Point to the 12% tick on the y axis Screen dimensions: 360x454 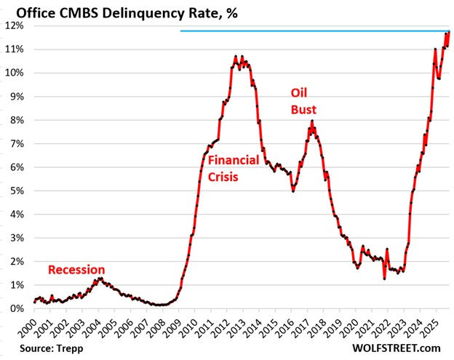15,25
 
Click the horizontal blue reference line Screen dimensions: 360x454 313,31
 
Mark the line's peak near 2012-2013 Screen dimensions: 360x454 236,56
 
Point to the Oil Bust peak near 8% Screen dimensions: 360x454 312,121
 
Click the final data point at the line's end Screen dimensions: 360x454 449,31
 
